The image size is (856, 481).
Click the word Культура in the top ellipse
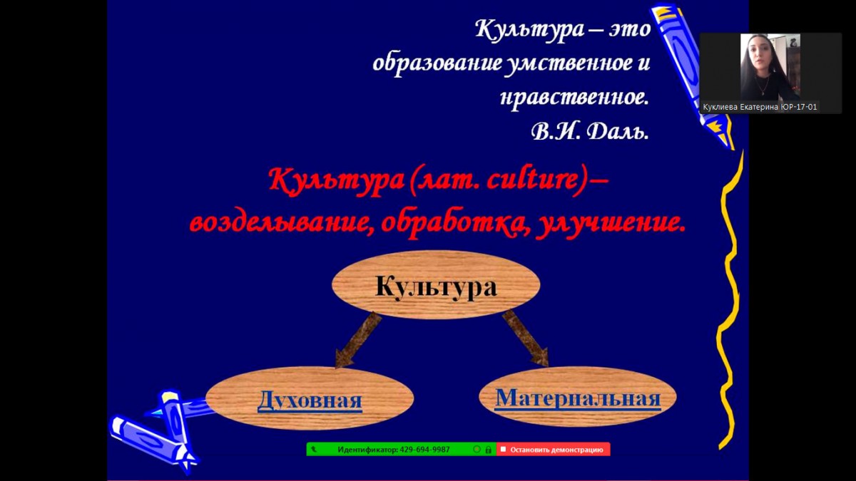pos(436,286)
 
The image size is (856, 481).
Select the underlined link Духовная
pos(310,400)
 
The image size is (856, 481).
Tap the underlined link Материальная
pos(578,398)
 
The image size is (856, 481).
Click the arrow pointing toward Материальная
pos(526,338)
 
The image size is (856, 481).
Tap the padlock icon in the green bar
pos(488,450)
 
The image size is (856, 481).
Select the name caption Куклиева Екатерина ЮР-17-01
pos(760,108)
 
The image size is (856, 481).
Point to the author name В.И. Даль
pos(590,131)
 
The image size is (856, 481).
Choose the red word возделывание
pos(279,222)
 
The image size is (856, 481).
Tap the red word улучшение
pos(611,223)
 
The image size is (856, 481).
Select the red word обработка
pos(454,222)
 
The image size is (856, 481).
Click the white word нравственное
pos(575,98)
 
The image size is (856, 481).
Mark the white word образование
pos(437,62)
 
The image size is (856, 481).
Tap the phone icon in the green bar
pos(314,450)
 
